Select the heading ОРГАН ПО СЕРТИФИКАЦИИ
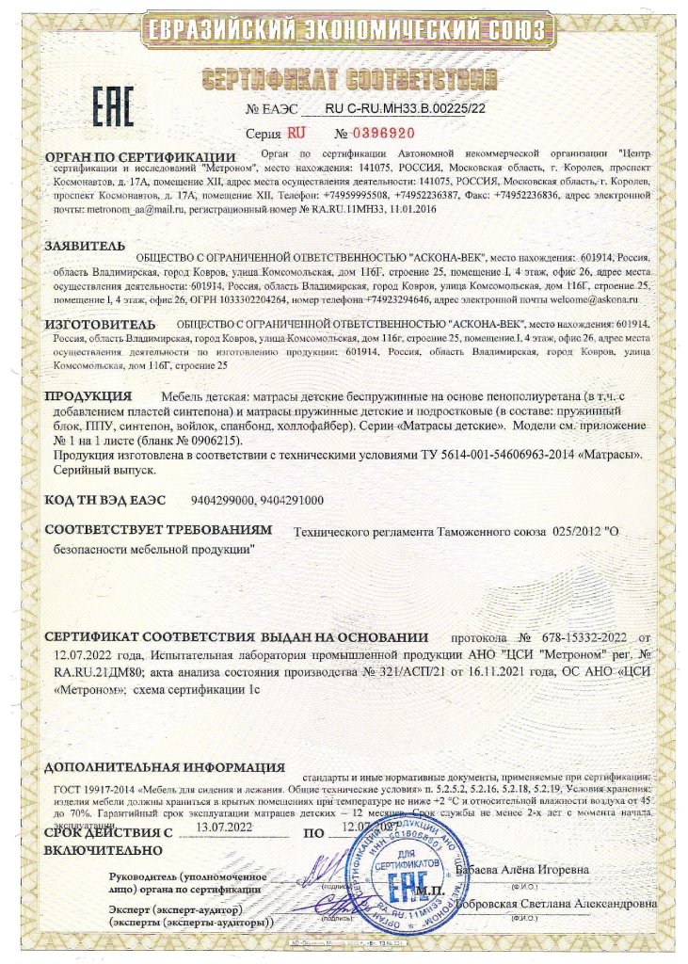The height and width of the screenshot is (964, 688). [139, 156]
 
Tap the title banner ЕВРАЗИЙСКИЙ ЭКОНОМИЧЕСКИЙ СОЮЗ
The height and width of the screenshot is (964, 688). [344, 31]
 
